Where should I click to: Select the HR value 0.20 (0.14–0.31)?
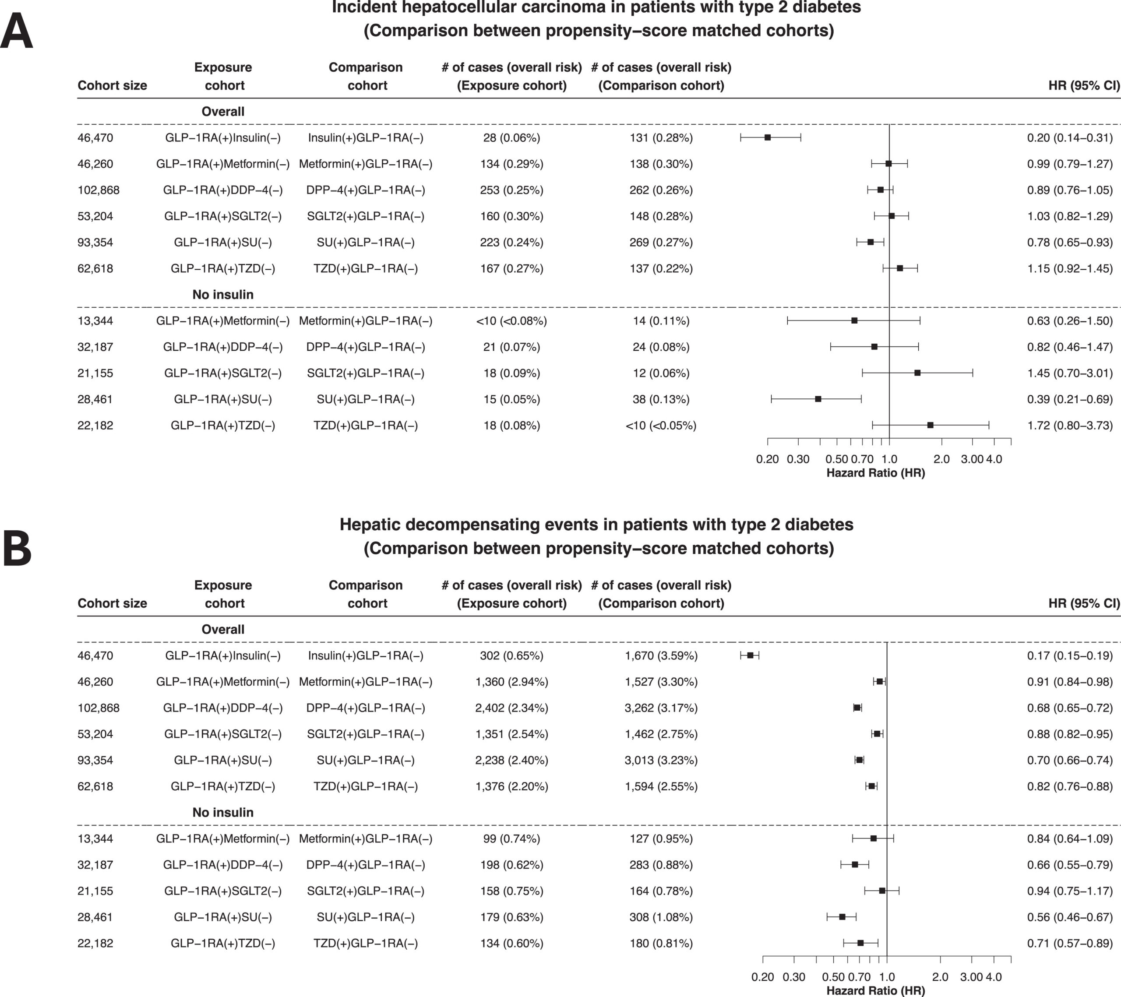click(x=1070, y=137)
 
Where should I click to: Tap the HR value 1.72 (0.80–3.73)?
click(x=1070, y=426)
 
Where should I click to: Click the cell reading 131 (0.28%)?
click(x=661, y=137)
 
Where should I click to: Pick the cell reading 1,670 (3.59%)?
click(x=661, y=655)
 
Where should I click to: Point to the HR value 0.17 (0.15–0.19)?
click(x=1070, y=655)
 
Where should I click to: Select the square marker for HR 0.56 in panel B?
click(x=843, y=916)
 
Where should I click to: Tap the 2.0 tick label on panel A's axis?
click(x=941, y=459)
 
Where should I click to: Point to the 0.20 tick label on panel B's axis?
click(x=763, y=977)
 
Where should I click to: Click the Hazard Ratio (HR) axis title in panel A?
click(x=875, y=473)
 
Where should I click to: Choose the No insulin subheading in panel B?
click(x=222, y=812)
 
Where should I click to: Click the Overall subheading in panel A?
click(x=222, y=111)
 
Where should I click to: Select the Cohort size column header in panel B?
click(x=113, y=603)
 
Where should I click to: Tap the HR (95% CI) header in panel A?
click(x=1084, y=85)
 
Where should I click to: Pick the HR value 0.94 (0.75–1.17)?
click(x=1070, y=891)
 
